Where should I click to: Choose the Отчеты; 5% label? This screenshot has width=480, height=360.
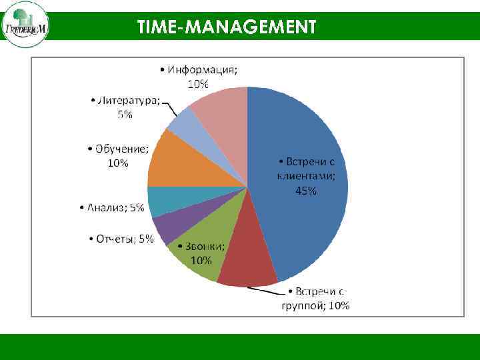[121, 239]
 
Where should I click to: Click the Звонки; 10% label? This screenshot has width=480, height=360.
[206, 253]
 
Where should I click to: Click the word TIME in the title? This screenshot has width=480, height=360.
[161, 27]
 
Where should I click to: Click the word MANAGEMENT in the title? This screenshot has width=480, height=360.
[253, 27]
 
